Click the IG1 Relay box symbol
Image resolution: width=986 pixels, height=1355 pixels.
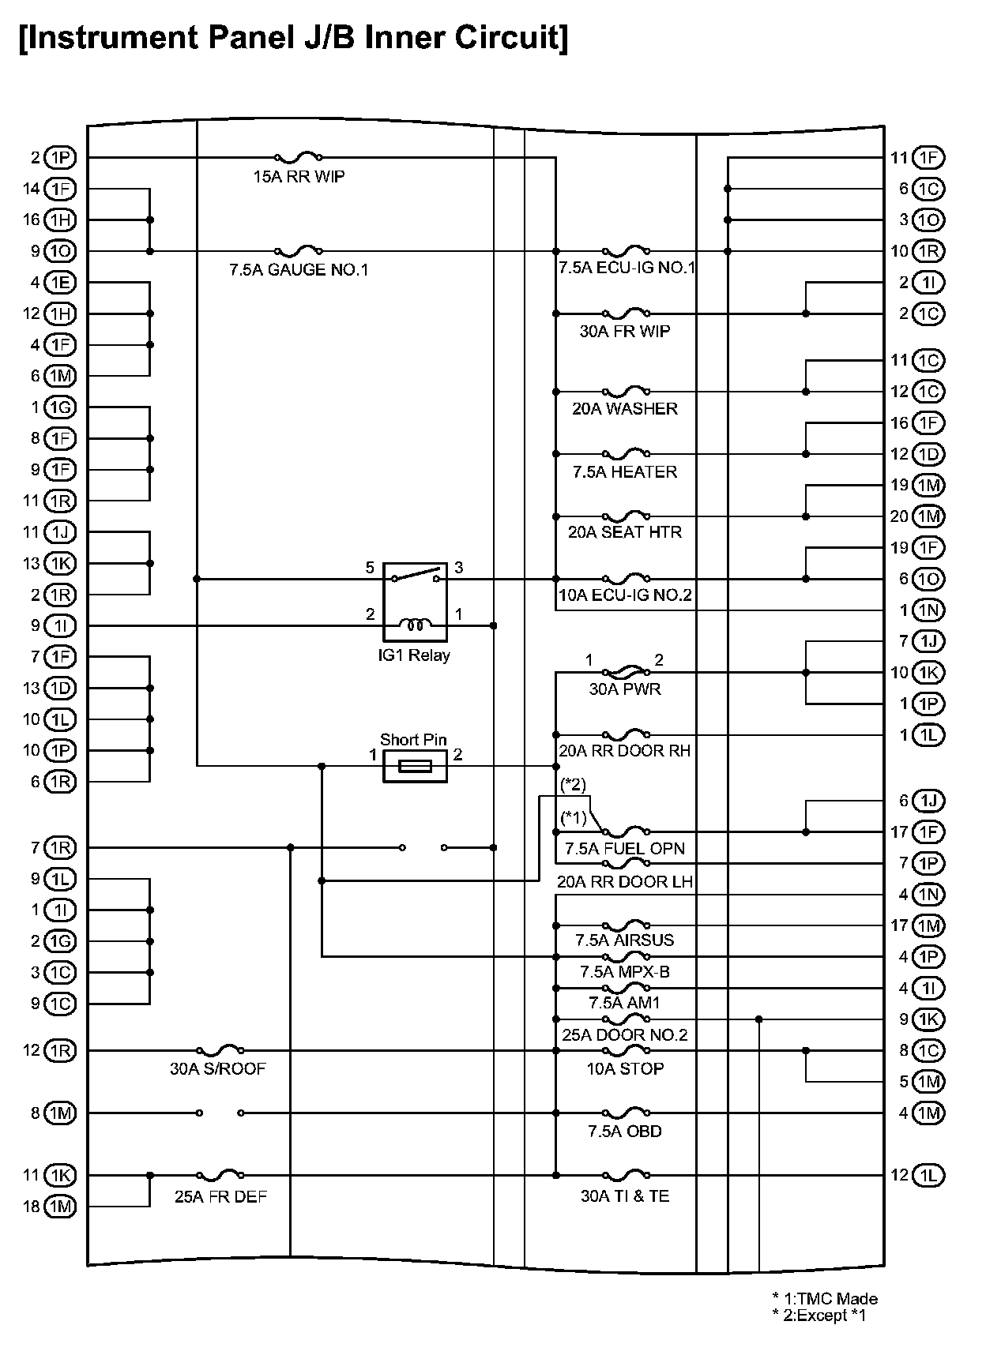click(415, 602)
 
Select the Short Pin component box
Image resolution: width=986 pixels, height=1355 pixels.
click(415, 766)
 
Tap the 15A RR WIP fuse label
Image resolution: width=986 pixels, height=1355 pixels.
click(299, 177)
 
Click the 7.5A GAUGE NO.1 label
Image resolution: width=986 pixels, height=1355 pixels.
click(299, 270)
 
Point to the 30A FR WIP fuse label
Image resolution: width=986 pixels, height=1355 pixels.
click(624, 332)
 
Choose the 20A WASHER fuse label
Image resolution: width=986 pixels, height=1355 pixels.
click(624, 409)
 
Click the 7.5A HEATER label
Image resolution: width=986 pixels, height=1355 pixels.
click(624, 472)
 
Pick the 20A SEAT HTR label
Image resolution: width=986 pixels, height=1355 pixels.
click(624, 532)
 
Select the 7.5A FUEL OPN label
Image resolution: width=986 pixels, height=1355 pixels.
click(624, 849)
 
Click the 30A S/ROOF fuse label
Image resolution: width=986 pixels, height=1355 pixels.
click(218, 1069)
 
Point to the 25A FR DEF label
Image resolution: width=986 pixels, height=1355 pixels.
click(221, 1197)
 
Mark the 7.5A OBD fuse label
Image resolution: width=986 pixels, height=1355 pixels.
click(624, 1132)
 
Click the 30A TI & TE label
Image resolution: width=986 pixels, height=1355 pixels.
click(624, 1196)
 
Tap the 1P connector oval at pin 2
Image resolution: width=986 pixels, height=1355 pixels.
click(60, 158)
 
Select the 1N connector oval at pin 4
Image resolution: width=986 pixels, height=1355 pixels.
click(928, 895)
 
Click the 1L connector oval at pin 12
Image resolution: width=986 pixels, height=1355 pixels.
click(928, 1175)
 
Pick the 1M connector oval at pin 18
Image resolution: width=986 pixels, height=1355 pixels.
click(60, 1207)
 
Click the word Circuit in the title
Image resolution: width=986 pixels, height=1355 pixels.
click(500, 37)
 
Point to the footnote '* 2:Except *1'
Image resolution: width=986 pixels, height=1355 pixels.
click(824, 1316)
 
